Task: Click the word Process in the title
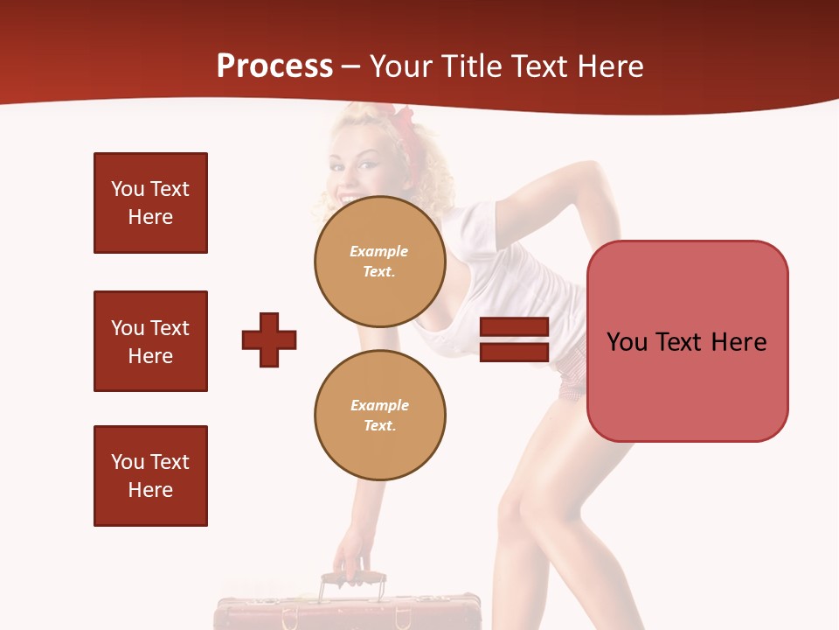(274, 66)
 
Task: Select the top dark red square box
(150, 203)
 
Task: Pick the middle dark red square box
(150, 341)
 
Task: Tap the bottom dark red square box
(150, 476)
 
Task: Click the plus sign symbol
(269, 339)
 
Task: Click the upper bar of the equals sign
(515, 327)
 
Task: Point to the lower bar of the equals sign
(515, 352)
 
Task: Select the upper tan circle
(379, 261)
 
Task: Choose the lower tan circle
(379, 415)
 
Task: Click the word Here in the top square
(150, 217)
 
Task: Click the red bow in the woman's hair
(404, 118)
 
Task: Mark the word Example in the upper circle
(379, 251)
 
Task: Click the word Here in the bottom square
(150, 490)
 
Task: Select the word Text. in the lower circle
(379, 425)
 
